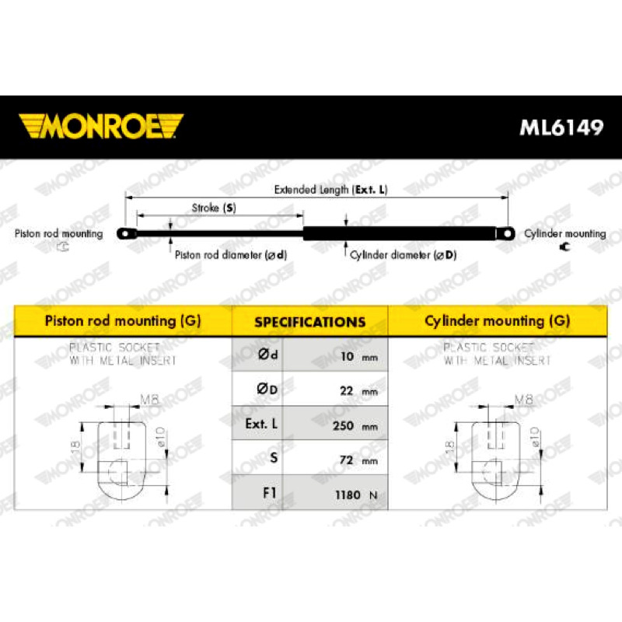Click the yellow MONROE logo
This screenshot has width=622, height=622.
coord(101,126)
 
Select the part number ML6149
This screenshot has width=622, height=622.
coord(561,128)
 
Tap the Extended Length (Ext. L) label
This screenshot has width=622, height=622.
coord(330,190)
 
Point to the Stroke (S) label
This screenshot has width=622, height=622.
coord(214,208)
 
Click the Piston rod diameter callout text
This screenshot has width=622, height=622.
coord(230,255)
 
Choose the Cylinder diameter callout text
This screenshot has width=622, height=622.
coord(403,255)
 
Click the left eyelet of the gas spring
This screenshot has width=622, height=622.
coord(126,234)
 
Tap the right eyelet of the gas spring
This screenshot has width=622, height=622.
coord(505,234)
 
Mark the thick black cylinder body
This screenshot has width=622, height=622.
coord(400,234)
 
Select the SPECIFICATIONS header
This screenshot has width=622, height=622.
coord(309,322)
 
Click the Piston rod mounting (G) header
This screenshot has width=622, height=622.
coord(123,320)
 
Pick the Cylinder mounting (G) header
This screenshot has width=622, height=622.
coord(497,320)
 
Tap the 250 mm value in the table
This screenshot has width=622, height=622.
coord(355,425)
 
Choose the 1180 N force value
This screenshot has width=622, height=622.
coord(356,494)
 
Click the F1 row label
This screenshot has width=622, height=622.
coord(269,493)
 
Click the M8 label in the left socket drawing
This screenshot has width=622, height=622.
coord(149,400)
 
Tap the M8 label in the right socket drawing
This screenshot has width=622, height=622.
coord(523,400)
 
